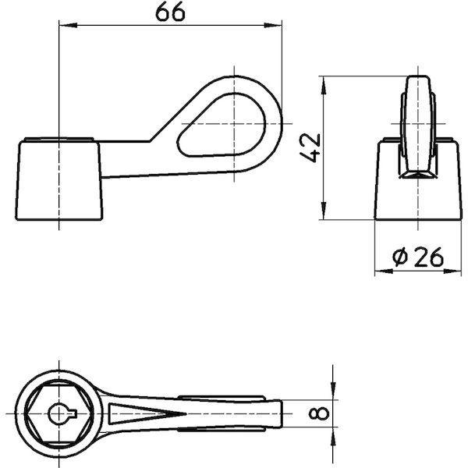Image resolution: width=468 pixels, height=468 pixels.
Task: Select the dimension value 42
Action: [310, 148]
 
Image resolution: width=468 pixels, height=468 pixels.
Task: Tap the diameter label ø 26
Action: [418, 257]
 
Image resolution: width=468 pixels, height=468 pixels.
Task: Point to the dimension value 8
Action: [319, 413]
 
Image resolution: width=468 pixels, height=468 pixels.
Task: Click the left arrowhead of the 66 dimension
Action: [68, 26]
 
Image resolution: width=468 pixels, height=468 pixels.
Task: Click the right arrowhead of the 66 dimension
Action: [273, 26]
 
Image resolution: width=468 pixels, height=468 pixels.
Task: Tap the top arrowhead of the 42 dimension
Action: [324, 85]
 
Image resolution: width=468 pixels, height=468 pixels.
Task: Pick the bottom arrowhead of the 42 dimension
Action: [324, 211]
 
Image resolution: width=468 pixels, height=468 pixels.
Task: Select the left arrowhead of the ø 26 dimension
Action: [384, 271]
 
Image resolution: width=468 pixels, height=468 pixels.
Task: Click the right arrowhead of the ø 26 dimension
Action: [452, 271]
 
